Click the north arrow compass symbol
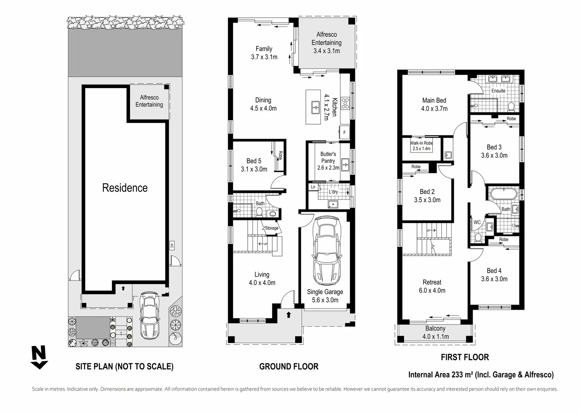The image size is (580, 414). (x=39, y=357)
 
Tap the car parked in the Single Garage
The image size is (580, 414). (x=326, y=251)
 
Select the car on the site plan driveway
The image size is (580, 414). (x=150, y=316)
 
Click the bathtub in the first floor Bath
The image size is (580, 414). (x=503, y=194)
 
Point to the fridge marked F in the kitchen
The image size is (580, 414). (x=344, y=132)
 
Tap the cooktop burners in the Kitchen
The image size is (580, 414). (x=345, y=103)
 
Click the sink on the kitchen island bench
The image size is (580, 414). (x=315, y=107)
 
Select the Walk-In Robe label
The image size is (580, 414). (x=421, y=143)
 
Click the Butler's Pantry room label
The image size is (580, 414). (x=328, y=158)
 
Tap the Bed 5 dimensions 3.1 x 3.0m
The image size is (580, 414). (x=254, y=169)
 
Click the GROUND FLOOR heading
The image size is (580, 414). (x=289, y=366)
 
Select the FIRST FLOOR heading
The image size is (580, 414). (x=465, y=357)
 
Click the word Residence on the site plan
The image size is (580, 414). (x=125, y=188)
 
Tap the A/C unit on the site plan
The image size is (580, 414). (x=172, y=245)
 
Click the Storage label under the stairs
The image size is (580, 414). (x=272, y=228)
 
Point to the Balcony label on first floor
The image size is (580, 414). (x=435, y=328)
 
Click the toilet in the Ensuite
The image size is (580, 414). (x=511, y=107)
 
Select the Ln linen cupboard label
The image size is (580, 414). (x=313, y=187)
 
